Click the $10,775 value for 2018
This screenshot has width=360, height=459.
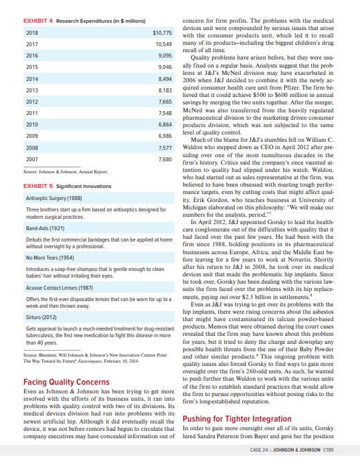tap(163, 32)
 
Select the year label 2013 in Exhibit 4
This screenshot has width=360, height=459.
tap(13, 90)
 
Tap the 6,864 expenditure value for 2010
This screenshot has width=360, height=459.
tap(165, 125)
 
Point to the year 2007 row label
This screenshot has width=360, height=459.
tap(13, 160)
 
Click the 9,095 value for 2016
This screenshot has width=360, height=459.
tap(165, 56)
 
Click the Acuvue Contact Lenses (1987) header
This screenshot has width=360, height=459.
tap(44, 286)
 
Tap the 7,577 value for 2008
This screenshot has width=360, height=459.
tap(165, 149)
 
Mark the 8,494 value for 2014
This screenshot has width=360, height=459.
tap(165, 79)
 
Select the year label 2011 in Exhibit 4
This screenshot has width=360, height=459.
tap(13, 113)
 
